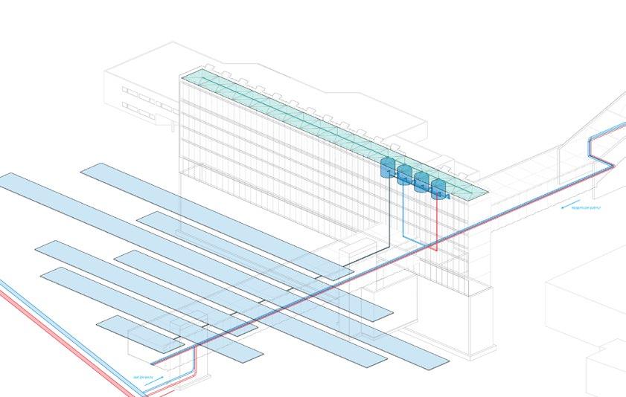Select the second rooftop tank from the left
[405, 175]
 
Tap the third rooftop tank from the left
[422, 183]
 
